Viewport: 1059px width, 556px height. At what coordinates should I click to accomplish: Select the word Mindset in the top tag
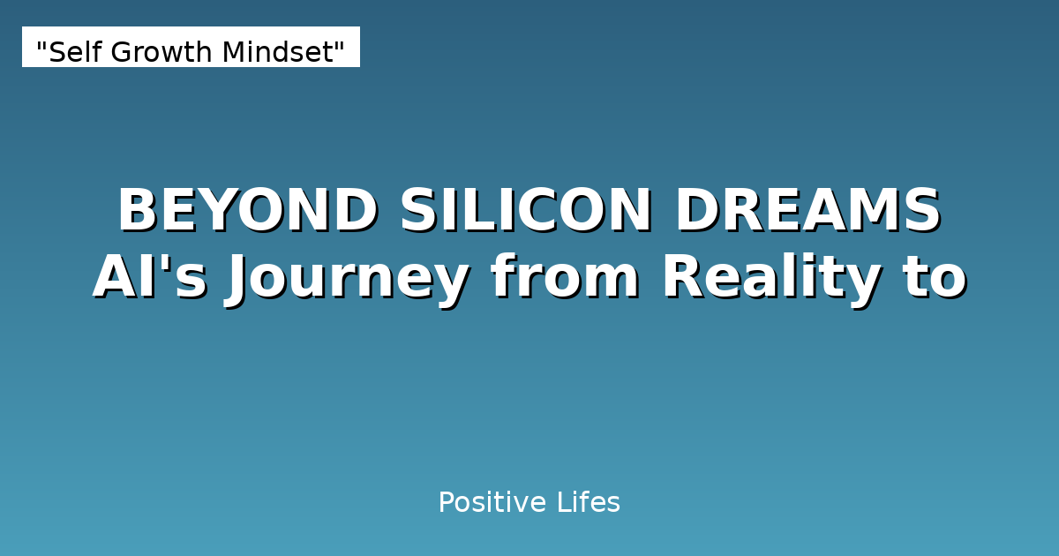[x=274, y=53]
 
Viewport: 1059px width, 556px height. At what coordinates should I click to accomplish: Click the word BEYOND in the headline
[x=248, y=212]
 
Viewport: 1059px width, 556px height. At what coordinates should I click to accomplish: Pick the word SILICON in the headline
[x=526, y=212]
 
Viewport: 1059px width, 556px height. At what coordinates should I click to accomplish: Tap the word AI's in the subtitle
[x=150, y=278]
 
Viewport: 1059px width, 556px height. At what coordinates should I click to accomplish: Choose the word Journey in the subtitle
[x=347, y=278]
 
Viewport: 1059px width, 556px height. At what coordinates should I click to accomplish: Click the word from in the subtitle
[x=565, y=278]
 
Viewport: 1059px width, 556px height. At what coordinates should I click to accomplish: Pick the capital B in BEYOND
[x=137, y=212]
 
